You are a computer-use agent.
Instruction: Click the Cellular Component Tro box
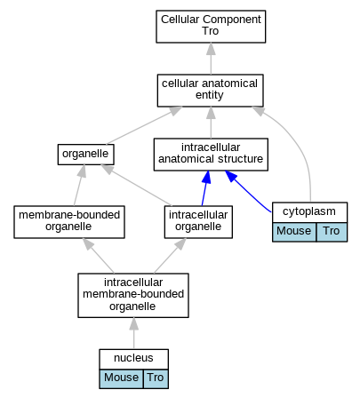211,27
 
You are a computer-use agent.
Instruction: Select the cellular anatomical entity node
210,91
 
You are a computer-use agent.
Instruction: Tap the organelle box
85,155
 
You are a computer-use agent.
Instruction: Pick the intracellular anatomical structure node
211,155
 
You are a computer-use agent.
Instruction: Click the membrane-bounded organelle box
69,222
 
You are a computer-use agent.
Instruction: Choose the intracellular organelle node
198,222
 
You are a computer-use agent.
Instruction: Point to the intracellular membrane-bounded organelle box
133,295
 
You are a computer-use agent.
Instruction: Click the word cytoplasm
309,211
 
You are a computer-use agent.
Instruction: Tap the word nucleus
133,358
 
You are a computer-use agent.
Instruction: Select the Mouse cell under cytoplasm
294,232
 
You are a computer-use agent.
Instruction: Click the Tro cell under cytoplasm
332,232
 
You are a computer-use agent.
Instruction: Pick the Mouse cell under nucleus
121,378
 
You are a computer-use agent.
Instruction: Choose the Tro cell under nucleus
156,378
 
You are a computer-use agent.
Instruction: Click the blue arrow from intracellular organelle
205,187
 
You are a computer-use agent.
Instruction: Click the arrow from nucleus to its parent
134,333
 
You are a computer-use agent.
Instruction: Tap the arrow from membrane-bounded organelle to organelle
79,185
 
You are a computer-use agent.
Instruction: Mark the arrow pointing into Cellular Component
211,59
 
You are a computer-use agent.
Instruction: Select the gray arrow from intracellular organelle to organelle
136,185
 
